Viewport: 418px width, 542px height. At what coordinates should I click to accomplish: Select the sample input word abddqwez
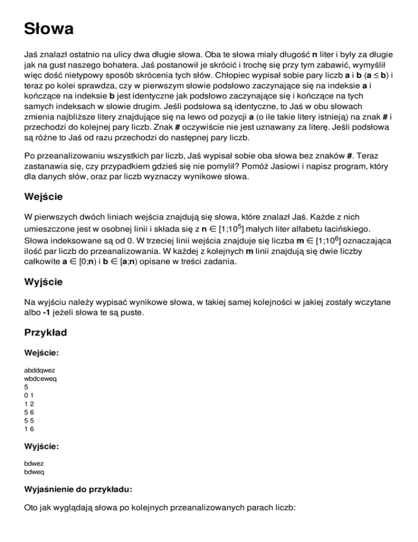click(x=40, y=370)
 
